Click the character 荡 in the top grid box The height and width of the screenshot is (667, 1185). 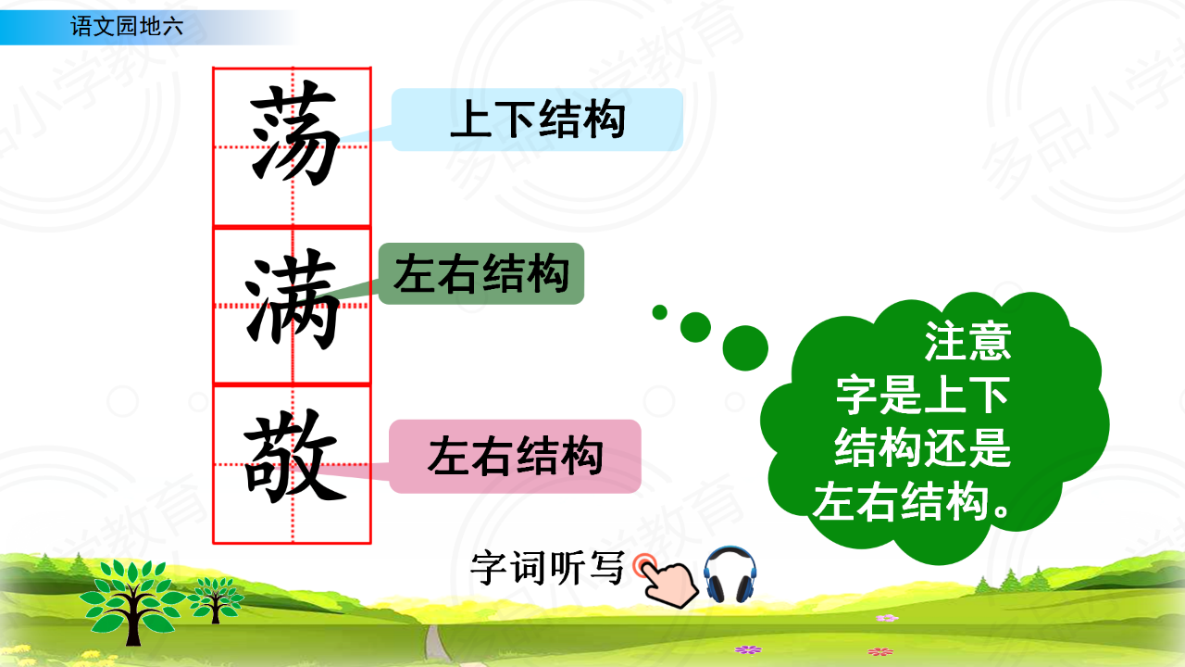294,133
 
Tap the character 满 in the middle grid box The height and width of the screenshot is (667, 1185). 292,301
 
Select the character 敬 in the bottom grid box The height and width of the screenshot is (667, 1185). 294,457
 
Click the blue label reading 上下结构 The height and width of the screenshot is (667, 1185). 537,120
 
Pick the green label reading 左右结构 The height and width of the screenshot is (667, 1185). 481,273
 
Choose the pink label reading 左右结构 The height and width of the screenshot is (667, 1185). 516,457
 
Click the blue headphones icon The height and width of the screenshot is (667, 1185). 730,575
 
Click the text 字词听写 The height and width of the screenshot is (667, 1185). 547,568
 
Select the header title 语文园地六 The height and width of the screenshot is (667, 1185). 127,27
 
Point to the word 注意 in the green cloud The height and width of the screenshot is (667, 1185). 967,342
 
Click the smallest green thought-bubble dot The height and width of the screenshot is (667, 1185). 660,312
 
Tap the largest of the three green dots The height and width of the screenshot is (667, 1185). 745,347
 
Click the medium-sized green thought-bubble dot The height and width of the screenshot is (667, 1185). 695,327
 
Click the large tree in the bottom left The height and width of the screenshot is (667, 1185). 132,601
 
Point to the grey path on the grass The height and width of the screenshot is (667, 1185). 436,645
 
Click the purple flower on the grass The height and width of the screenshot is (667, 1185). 748,649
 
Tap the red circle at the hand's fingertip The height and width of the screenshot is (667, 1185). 644,565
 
